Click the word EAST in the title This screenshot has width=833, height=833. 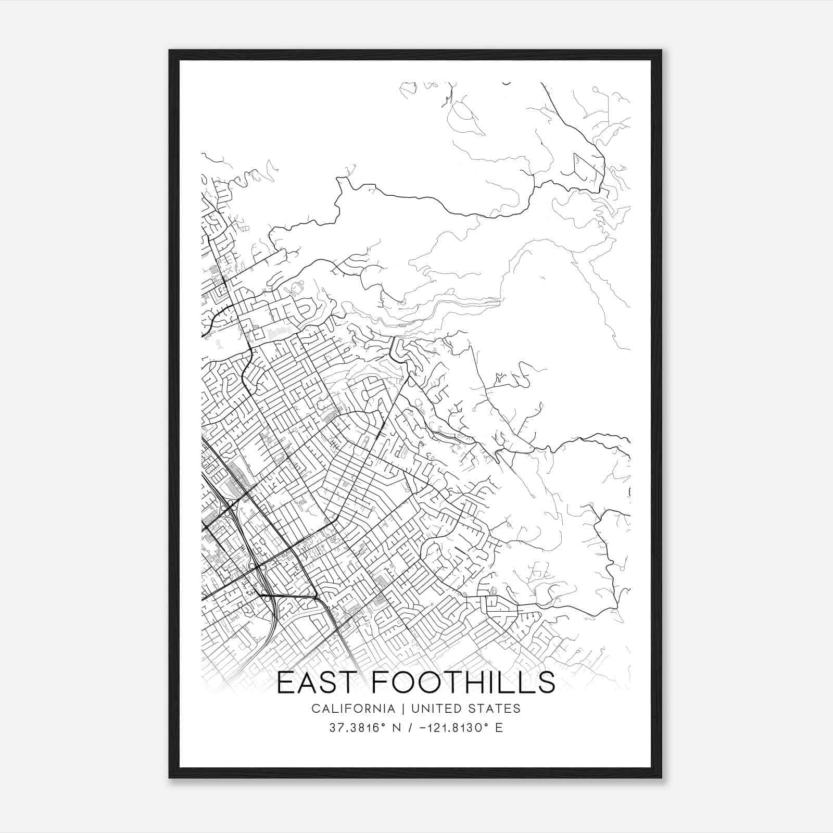[x=318, y=683]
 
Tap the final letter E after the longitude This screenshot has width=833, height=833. [x=499, y=728]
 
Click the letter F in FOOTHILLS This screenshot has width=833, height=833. [x=381, y=683]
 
